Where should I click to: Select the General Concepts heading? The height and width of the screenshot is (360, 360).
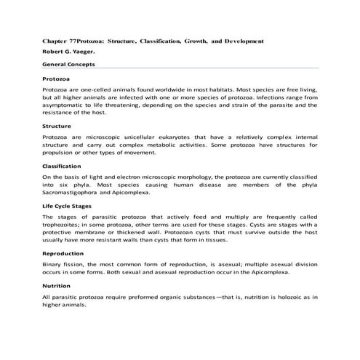pos(69,65)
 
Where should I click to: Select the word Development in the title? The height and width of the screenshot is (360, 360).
pos(244,41)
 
